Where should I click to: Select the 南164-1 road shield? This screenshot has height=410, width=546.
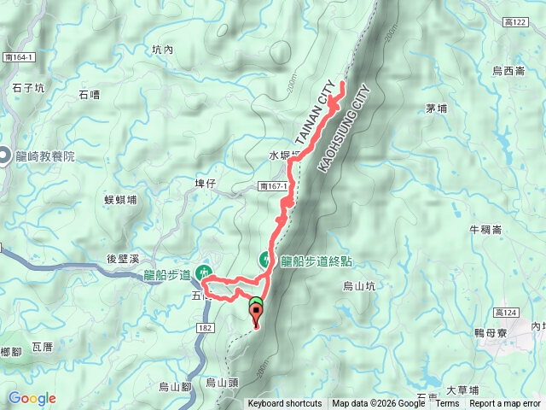pyautogui.click(x=17, y=57)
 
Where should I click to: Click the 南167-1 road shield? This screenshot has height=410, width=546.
pyautogui.click(x=273, y=185)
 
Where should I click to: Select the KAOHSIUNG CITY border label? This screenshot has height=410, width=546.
pyautogui.click(x=346, y=127)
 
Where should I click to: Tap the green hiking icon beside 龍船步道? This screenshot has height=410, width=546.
pyautogui.click(x=205, y=272)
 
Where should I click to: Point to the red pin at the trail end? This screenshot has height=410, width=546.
pyautogui.click(x=256, y=313)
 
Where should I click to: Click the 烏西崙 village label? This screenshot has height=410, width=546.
pyautogui.click(x=508, y=72)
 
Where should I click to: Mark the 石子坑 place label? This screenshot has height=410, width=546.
pyautogui.click(x=29, y=86)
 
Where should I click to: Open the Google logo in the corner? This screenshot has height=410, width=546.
pyautogui.click(x=32, y=398)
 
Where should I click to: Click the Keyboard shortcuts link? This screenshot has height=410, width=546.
pyautogui.click(x=285, y=404)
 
